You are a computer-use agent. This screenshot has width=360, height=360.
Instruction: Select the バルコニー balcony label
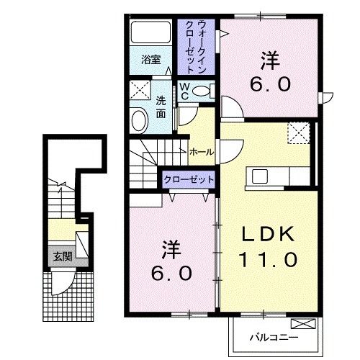click(274, 336)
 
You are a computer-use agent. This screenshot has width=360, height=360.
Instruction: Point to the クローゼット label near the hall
click(189, 179)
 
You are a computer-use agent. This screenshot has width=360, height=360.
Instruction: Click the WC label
click(184, 91)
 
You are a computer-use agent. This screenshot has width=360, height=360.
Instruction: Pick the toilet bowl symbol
click(204, 92)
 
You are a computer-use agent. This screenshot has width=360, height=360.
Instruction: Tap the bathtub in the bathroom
click(150, 33)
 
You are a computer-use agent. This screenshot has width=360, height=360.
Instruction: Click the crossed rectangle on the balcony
click(307, 325)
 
